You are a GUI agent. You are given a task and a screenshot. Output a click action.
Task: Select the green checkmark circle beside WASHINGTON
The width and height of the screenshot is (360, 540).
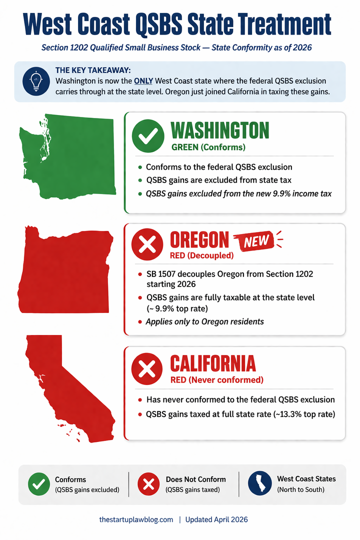pyautogui.click(x=147, y=135)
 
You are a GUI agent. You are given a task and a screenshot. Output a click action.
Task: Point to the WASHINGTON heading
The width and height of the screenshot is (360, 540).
pyautogui.click(x=220, y=131)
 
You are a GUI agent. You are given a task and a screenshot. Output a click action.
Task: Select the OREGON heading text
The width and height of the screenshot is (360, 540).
pyautogui.click(x=199, y=240)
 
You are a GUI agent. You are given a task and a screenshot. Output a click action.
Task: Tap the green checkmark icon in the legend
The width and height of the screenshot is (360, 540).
pyautogui.click(x=38, y=484)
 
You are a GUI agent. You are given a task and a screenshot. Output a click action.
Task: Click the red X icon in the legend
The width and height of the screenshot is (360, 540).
pyautogui.click(x=148, y=484)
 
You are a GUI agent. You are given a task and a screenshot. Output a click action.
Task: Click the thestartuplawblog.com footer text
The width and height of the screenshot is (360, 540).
pyautogui.click(x=136, y=519)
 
